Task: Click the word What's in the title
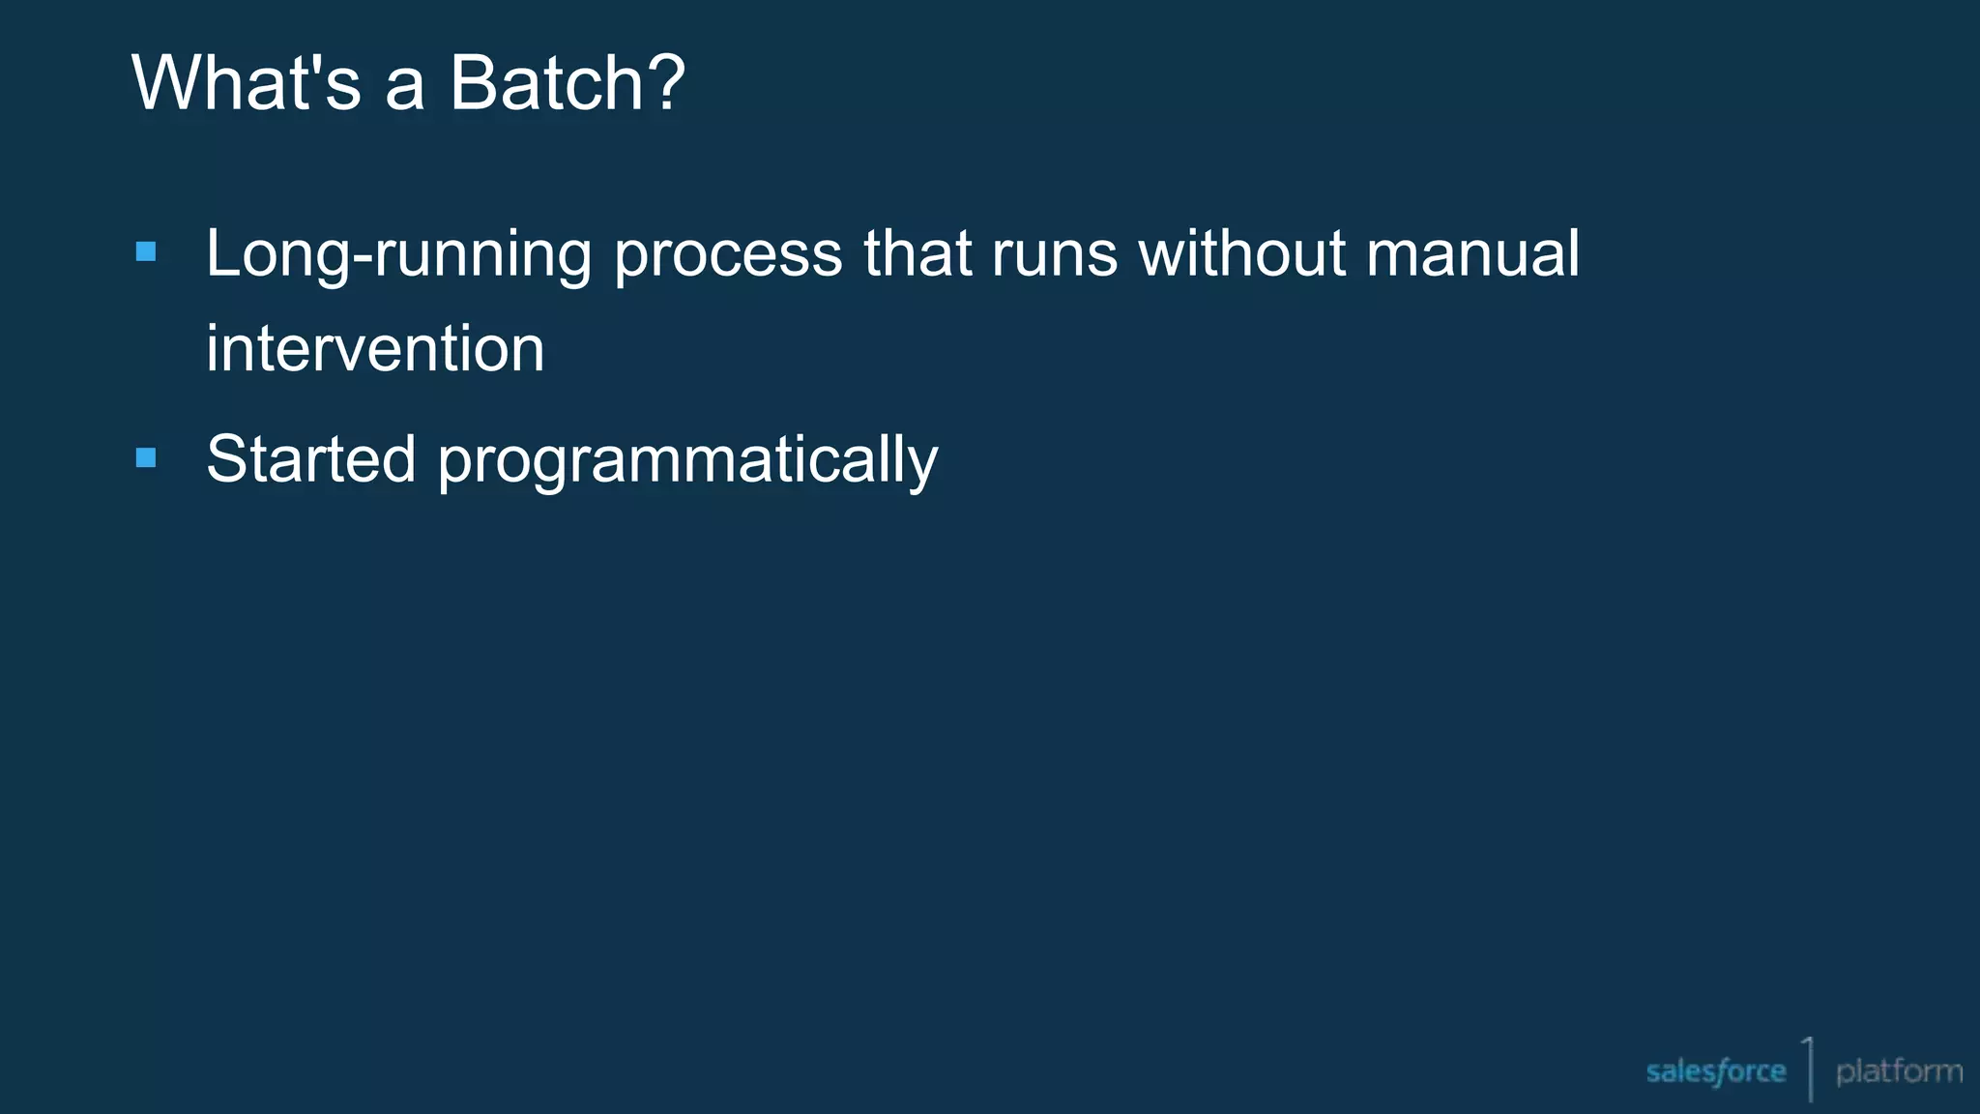click(x=246, y=83)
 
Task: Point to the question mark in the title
click(x=667, y=83)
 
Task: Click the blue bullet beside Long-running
click(x=146, y=252)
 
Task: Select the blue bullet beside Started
click(x=146, y=457)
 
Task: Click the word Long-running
click(x=398, y=255)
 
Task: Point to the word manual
click(x=1472, y=253)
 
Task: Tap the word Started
click(x=310, y=458)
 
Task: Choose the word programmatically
click(x=687, y=462)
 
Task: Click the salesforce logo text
click(x=1715, y=1071)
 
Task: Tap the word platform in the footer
click(x=1899, y=1071)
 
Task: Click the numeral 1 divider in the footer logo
click(x=1808, y=1068)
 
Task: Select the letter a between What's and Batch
click(x=404, y=89)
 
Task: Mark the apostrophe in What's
click(x=312, y=63)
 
